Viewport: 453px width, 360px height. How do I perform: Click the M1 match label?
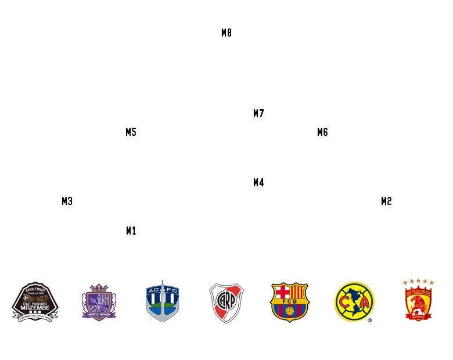pos(131,231)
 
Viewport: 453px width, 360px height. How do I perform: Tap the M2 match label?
pos(386,201)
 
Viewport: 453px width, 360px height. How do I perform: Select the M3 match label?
pos(67,201)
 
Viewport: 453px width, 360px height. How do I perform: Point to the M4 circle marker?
pos(258,182)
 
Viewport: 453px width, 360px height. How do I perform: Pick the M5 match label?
pos(131,132)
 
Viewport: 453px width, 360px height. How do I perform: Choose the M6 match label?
pos(322,132)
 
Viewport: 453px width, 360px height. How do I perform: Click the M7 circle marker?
pos(258,113)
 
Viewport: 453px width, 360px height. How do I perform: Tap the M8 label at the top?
pos(227,33)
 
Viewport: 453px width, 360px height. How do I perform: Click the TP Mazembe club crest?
pos(35,302)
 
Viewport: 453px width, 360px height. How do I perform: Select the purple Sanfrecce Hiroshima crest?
pos(99,301)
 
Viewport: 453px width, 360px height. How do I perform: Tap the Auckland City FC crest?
pos(163,301)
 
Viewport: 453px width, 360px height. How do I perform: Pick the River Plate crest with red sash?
pos(227,303)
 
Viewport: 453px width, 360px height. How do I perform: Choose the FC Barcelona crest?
pos(290,302)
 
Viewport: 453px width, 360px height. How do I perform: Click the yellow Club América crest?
pos(354,302)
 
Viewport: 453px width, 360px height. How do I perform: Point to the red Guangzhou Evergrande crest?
pos(418,300)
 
